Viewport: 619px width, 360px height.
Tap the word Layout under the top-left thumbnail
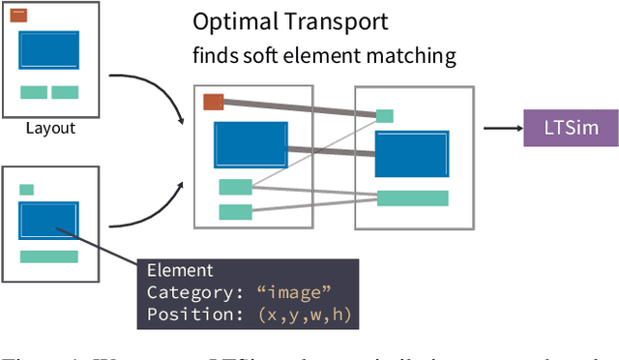pyautogui.click(x=50, y=128)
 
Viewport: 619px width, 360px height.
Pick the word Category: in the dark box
pyautogui.click(x=189, y=291)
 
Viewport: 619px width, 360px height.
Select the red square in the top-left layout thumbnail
pyautogui.click(x=18, y=15)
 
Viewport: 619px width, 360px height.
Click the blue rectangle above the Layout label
pyautogui.click(x=49, y=52)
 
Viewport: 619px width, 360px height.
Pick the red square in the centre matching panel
pyautogui.click(x=214, y=102)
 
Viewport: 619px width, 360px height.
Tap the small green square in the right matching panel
pyautogui.click(x=385, y=116)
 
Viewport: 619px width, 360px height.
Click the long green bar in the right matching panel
pyautogui.click(x=412, y=198)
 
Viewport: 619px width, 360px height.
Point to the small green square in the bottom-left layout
pyautogui.click(x=26, y=190)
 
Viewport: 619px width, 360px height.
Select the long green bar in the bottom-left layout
pyautogui.click(x=48, y=256)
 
